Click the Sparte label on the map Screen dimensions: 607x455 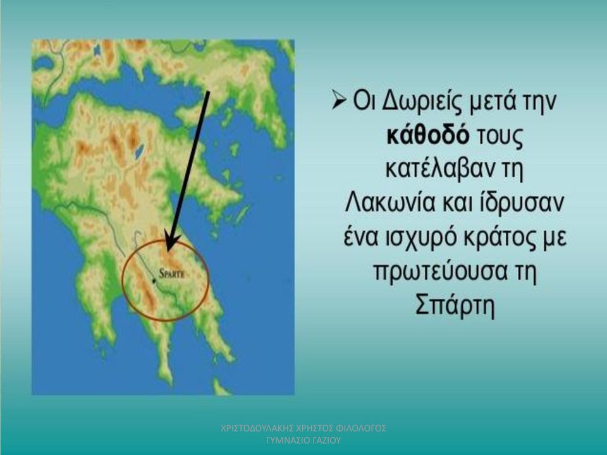pos(172,274)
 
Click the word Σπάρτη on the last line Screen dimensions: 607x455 pos(455,306)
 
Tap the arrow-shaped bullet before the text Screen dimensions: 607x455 pos(338,101)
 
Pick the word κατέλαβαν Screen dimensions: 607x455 pos(440,169)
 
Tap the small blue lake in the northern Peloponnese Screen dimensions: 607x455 pos(138,152)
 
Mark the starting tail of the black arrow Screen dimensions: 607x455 pos(208,92)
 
